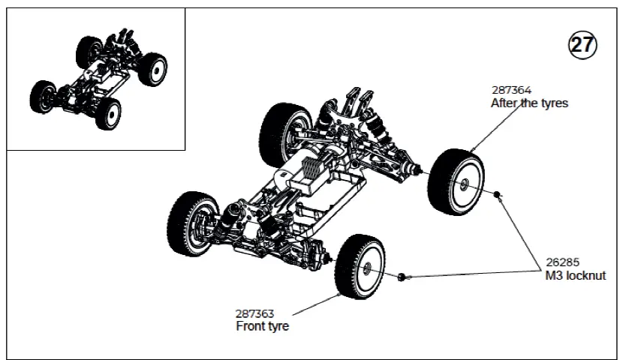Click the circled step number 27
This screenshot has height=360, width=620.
582,45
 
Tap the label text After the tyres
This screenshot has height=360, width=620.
529,103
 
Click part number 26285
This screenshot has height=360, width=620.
562,262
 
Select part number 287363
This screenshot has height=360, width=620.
254,313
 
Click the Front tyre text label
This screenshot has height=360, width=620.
262,326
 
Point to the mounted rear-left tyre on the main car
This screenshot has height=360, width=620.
285,135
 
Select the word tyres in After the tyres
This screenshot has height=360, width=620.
552,103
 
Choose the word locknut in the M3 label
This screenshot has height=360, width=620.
590,275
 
